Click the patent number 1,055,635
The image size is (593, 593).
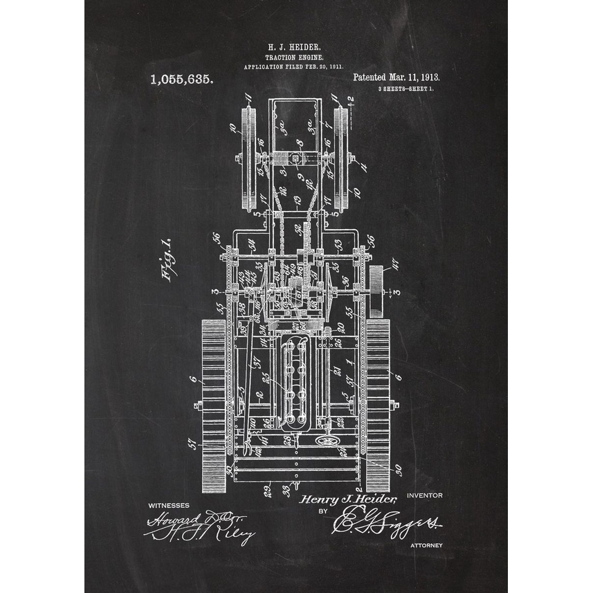(x=182, y=80)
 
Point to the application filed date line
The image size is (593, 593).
(x=294, y=68)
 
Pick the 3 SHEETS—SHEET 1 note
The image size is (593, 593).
(x=401, y=91)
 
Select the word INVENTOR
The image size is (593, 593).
(x=425, y=495)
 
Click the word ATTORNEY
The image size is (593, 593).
(x=426, y=546)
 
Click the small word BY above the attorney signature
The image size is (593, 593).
(x=322, y=511)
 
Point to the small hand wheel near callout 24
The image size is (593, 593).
(x=323, y=441)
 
